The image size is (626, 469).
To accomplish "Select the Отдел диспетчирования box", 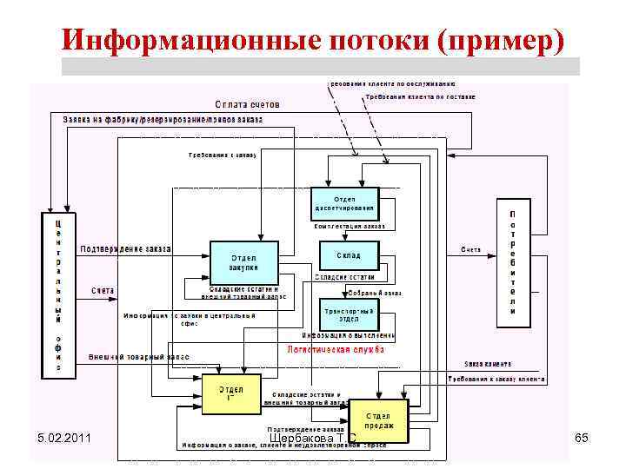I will [x=344, y=203].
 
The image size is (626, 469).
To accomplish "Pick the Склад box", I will [x=349, y=255].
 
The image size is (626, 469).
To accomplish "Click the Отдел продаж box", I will [x=379, y=420].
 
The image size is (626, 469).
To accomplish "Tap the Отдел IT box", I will [x=230, y=393].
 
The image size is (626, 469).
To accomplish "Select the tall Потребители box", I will [x=513, y=263].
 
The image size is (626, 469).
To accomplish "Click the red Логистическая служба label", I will [x=336, y=349].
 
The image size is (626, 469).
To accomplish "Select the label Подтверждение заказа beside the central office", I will [x=126, y=249].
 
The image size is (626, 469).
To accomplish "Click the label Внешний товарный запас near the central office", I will [x=138, y=357].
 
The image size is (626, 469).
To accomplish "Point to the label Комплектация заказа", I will [x=350, y=226].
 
